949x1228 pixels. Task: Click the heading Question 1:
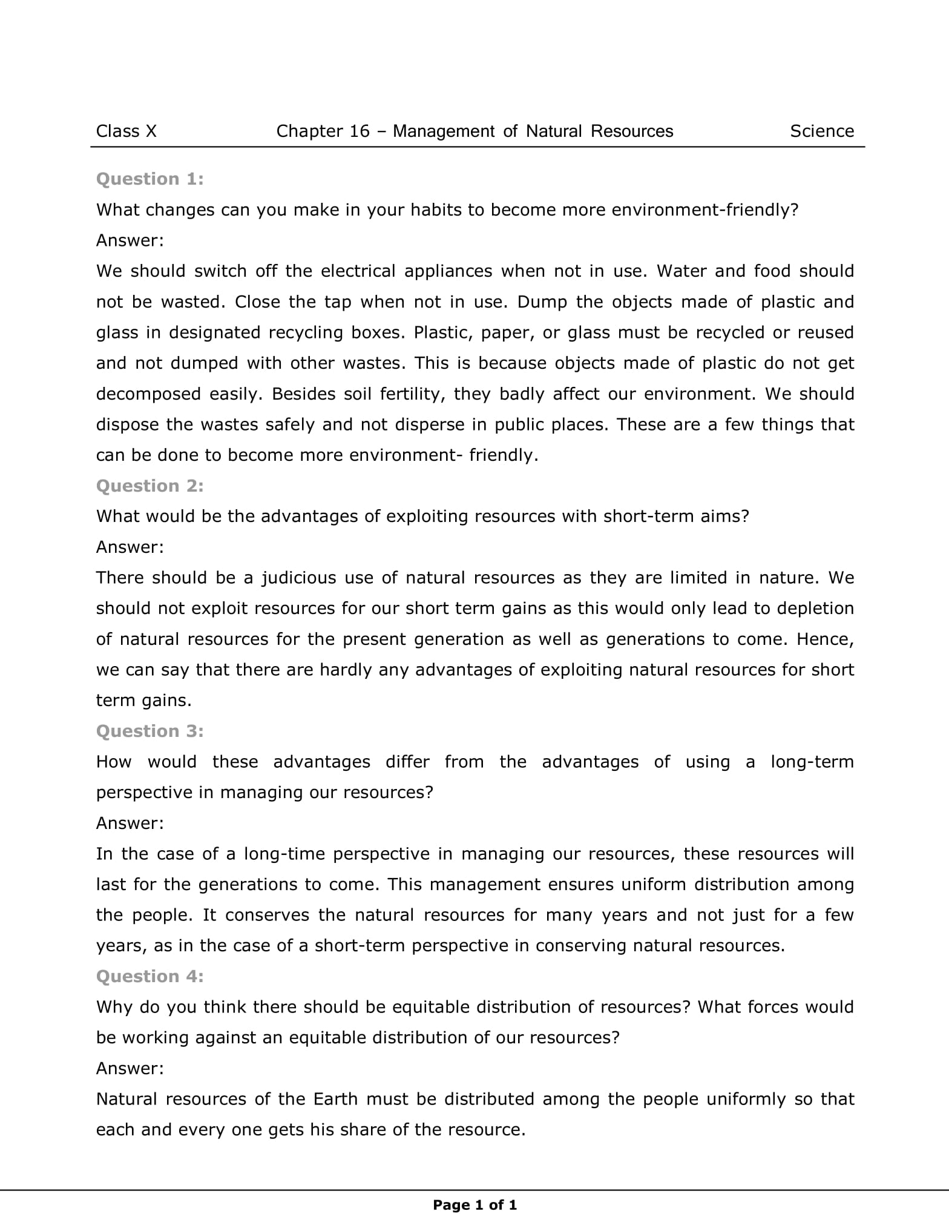tap(150, 179)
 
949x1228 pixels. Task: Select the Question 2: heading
tap(150, 486)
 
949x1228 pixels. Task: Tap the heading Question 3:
tap(150, 731)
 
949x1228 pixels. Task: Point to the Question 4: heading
tap(150, 976)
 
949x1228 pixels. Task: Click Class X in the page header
tap(126, 131)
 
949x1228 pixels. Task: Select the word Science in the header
tap(822, 131)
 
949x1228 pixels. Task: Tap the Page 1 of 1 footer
tap(475, 1205)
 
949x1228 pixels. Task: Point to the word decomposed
tap(148, 394)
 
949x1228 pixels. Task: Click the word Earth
tap(335, 1099)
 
